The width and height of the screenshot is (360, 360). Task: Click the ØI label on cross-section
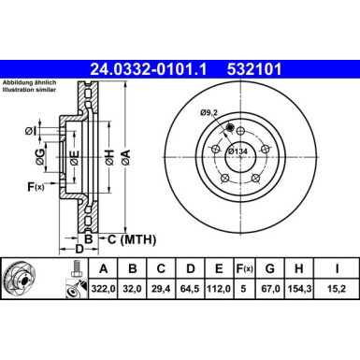[31, 129]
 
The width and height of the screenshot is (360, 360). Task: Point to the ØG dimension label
[31, 155]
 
